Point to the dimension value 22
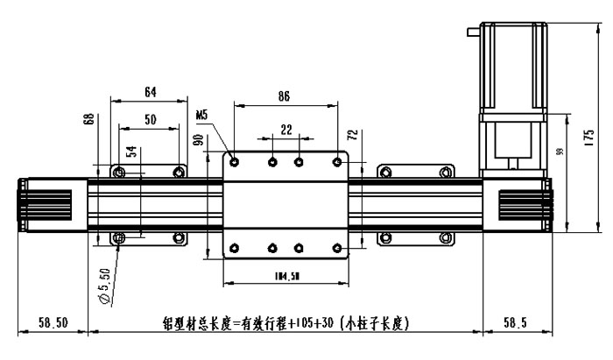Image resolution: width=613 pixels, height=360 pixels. click(285, 129)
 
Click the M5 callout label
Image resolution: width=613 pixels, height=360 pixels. click(202, 114)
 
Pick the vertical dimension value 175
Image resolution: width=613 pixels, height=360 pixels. click(590, 136)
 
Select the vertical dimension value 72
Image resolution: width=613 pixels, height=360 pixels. click(353, 136)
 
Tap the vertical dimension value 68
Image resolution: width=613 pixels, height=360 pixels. click(88, 119)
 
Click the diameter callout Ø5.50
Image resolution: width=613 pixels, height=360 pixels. click(106, 286)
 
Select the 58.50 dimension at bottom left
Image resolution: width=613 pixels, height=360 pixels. click(53, 322)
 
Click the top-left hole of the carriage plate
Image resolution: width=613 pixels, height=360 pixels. click(235, 161)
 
